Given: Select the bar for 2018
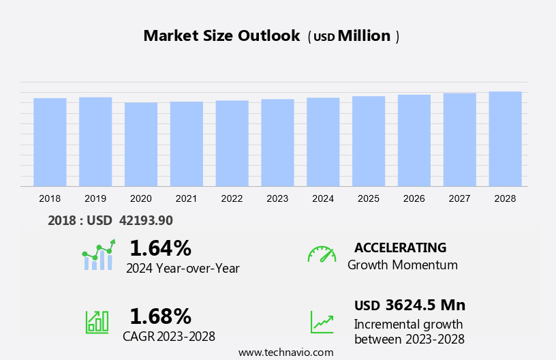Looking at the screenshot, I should [50, 142].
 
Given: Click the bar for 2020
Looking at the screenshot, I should [141, 144].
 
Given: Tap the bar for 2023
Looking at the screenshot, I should [277, 142].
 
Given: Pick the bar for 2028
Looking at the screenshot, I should [505, 138].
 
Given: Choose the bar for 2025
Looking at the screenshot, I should [369, 141].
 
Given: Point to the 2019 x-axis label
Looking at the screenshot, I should [95, 198].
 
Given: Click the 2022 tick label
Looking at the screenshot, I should [232, 198].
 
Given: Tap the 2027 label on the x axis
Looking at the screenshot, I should [459, 198].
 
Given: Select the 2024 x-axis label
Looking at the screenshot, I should [323, 198].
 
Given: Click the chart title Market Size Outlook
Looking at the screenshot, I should [221, 36].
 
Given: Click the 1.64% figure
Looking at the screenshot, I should [160, 247].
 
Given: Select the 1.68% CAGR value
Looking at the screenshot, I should [160, 316].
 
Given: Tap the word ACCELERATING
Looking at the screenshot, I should [400, 247].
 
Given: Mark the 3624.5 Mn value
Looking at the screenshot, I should [425, 305].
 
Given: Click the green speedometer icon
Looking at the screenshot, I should [322, 254].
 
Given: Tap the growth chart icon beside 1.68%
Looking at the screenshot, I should [97, 322].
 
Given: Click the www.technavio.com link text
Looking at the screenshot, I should [285, 352].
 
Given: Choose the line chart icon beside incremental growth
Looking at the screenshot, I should [322, 322].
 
